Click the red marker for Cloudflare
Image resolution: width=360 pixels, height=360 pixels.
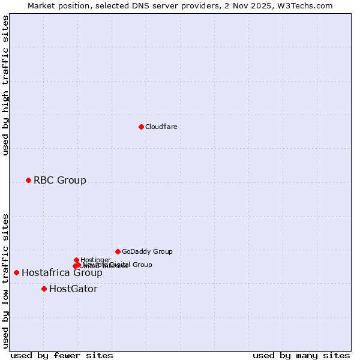pyautogui.click(x=141, y=127)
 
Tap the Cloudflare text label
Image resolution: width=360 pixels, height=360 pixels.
pyautogui.click(x=161, y=127)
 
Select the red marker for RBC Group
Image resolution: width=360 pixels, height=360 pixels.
pyautogui.click(x=28, y=180)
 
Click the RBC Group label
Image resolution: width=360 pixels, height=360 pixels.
pyautogui.click(x=60, y=180)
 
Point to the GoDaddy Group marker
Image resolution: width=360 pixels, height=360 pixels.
pyautogui.click(x=118, y=251)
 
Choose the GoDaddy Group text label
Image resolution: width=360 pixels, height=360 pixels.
pyautogui.click(x=147, y=251)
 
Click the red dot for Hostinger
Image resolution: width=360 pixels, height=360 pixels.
pyautogui.click(x=76, y=260)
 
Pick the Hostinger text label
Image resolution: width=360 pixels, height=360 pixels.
pyautogui.click(x=95, y=259)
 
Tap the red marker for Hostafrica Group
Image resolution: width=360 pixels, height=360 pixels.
pyautogui.click(x=16, y=272)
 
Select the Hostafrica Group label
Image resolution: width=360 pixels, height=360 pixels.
pyautogui.click(x=62, y=273)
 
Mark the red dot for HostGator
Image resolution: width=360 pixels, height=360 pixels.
pyautogui.click(x=44, y=289)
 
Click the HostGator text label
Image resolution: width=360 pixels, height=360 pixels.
pyautogui.click(x=73, y=289)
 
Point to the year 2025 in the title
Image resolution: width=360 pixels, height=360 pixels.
pyautogui.click(x=265, y=5)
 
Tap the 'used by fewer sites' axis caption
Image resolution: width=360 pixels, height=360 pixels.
pyautogui.click(x=62, y=355)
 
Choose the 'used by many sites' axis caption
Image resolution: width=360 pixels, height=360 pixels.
pyautogui.click(x=301, y=355)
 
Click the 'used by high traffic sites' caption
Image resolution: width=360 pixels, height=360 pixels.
pyautogui.click(x=5, y=85)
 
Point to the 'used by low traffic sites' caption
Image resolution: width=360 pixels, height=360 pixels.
pyautogui.click(x=5, y=280)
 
